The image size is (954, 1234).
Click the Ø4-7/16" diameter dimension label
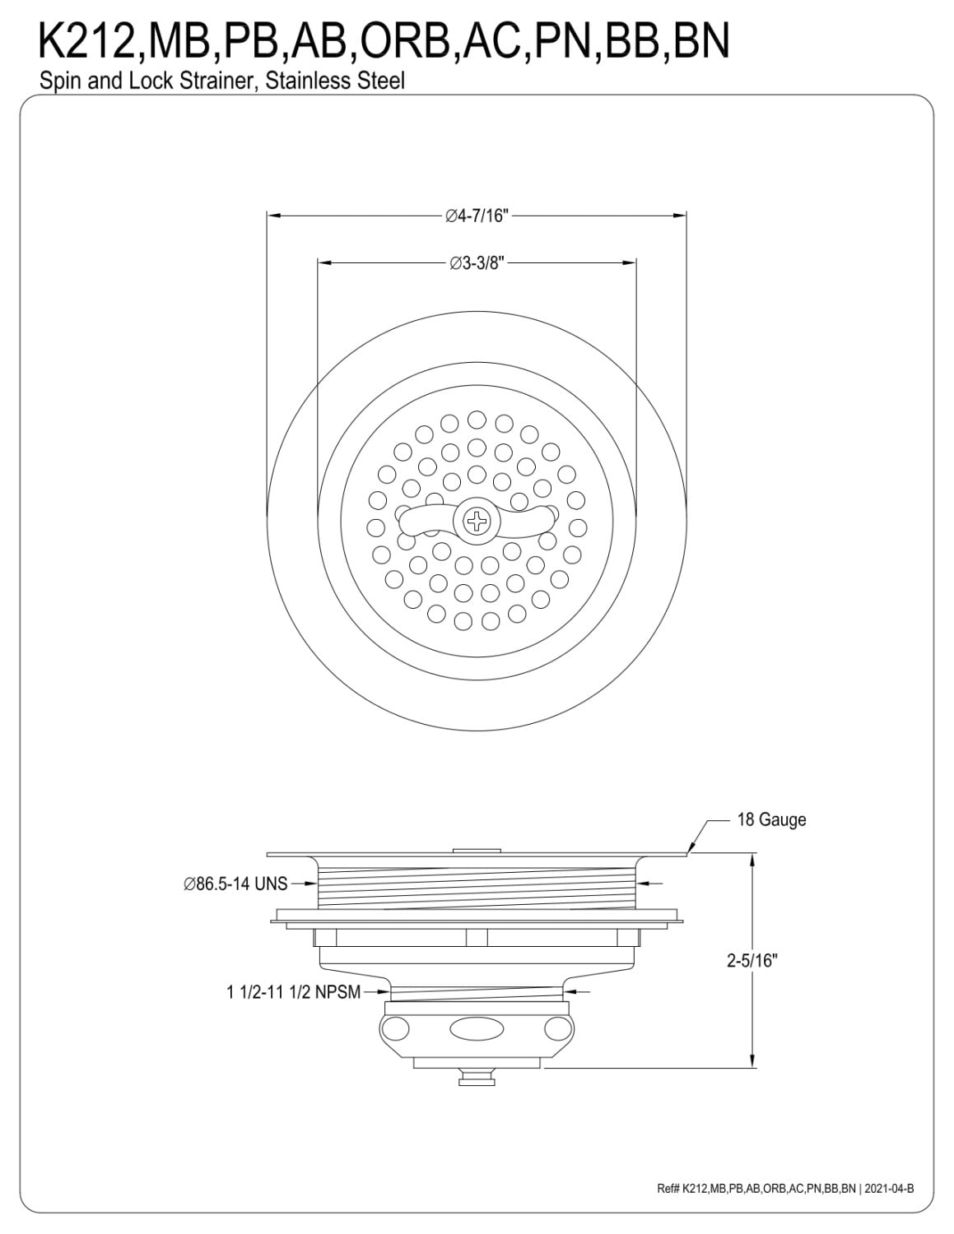(x=476, y=216)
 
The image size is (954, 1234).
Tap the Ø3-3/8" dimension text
(x=477, y=263)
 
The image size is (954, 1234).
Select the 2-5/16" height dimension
(x=752, y=960)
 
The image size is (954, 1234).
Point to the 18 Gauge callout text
(x=771, y=819)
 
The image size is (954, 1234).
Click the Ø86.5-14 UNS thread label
(x=235, y=884)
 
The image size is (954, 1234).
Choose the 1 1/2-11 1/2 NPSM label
(x=293, y=992)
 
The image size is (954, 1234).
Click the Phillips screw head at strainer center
(x=476, y=521)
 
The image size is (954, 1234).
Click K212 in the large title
(x=87, y=40)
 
